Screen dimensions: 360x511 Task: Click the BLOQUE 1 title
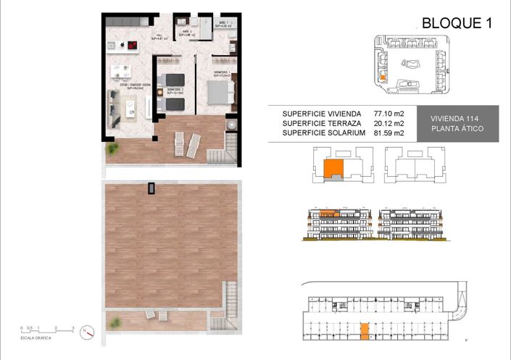(x=457, y=22)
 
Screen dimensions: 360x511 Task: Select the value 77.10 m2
(x=389, y=114)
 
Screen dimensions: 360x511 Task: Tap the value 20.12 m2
(x=389, y=123)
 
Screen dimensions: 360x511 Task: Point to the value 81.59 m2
(x=389, y=133)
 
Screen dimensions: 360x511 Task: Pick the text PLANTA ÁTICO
(x=457, y=129)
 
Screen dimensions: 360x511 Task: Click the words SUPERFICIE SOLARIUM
(x=319, y=133)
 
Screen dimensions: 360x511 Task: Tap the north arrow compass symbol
(x=88, y=332)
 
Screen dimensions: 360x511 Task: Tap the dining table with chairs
(x=118, y=72)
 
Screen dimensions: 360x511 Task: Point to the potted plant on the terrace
(x=112, y=148)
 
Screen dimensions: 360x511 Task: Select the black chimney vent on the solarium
(x=151, y=188)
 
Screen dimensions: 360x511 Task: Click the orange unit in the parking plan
(x=365, y=331)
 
